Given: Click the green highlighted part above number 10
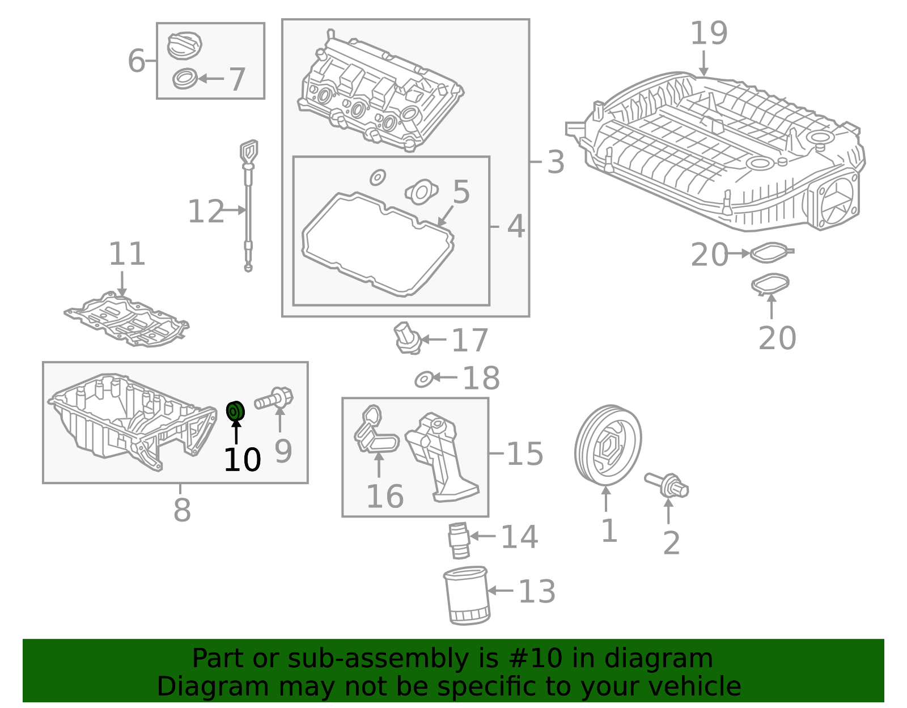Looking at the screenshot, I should (x=235, y=410).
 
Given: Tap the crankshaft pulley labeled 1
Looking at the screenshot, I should (x=607, y=444).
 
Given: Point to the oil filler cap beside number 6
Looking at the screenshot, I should (x=185, y=45).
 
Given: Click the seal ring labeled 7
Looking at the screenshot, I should (x=185, y=78).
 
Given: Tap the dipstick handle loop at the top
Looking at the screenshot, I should (x=248, y=151).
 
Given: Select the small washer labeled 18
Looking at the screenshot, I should (x=424, y=379).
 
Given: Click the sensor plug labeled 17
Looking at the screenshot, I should (x=406, y=338).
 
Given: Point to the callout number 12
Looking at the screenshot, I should (x=205, y=211).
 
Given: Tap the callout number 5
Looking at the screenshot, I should (x=461, y=192).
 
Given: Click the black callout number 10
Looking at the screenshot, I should (x=242, y=460).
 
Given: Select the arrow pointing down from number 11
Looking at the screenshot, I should (x=122, y=283).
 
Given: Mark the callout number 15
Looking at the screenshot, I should (x=524, y=454).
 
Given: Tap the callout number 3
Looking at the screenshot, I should (x=556, y=162).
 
